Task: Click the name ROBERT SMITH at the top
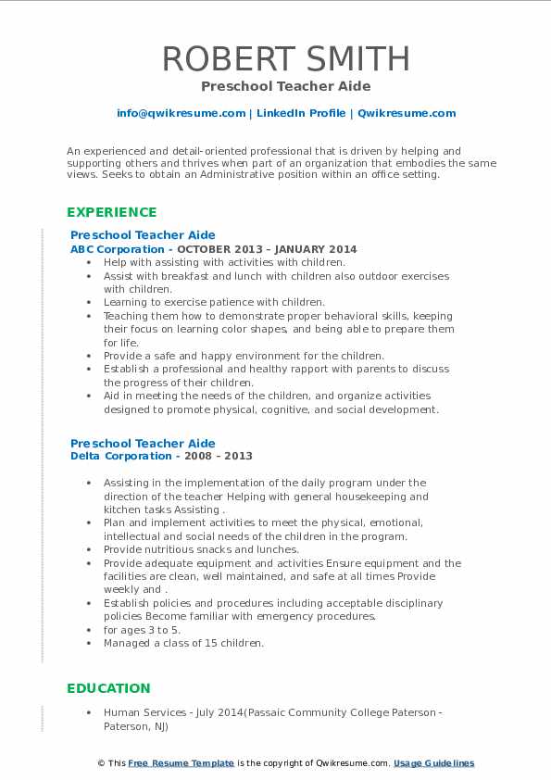(286, 58)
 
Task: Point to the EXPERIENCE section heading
(112, 212)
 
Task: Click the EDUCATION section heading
(108, 688)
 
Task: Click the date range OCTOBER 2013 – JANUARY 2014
(267, 249)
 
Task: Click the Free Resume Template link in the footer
(181, 763)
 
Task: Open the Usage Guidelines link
(433, 763)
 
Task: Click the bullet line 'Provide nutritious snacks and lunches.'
(201, 549)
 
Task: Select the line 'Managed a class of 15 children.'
(183, 643)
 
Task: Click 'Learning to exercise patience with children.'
(214, 302)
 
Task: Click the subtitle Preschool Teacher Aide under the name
(285, 86)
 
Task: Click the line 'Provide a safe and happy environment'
(244, 356)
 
